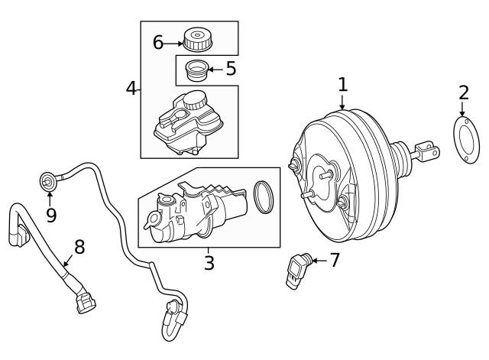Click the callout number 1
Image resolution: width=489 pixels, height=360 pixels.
342,85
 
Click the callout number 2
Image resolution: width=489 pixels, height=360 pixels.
463,94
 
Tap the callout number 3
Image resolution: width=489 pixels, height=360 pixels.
209,264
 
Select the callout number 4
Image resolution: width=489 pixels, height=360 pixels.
131,89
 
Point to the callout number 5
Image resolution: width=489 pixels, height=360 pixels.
230,69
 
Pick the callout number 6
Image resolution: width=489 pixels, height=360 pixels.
158,43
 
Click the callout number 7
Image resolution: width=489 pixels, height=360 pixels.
334,260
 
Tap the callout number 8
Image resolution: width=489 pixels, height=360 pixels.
79,247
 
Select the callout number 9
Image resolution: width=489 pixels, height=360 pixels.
50,216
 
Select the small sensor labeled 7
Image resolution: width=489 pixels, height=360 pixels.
297,269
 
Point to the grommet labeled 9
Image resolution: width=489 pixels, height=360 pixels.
48,181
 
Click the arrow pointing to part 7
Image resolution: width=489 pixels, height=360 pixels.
319,261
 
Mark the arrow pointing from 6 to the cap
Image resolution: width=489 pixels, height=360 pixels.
173,44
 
